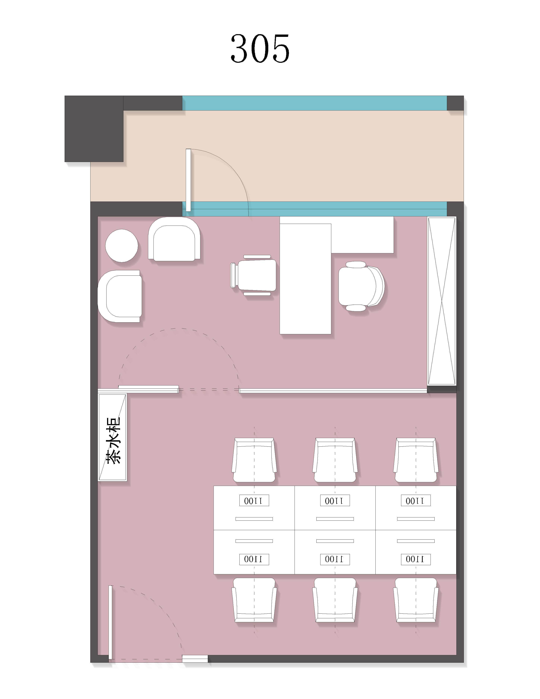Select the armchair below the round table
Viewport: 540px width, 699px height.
pyautogui.click(x=120, y=296)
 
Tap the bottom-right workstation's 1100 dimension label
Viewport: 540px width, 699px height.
pyautogui.click(x=416, y=559)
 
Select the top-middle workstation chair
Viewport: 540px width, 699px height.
pyautogui.click(x=335, y=460)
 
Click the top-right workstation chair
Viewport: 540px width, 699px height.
pyautogui.click(x=416, y=460)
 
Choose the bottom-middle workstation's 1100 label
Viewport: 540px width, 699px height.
pyautogui.click(x=335, y=559)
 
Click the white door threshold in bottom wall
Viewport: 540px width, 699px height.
pyautogui.click(x=195, y=659)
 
